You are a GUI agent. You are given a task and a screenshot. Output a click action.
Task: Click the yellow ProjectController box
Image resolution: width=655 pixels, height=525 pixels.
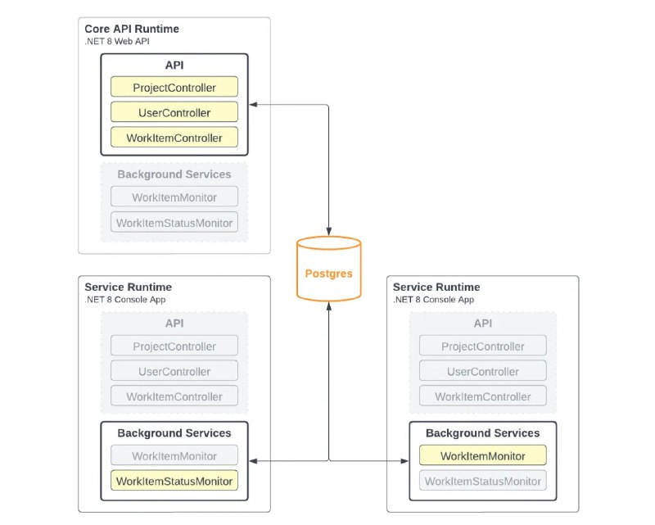174,87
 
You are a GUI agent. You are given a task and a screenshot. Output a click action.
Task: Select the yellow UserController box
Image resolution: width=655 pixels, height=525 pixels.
174,112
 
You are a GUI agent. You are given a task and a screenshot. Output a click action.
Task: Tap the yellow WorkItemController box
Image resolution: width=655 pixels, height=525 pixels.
174,137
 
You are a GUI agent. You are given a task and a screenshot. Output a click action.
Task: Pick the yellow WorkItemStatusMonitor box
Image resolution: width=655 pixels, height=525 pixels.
174,480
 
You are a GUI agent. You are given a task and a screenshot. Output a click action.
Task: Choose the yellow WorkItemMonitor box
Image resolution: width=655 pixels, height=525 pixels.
482,455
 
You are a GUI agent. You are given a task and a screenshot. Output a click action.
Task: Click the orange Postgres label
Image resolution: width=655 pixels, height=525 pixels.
329,274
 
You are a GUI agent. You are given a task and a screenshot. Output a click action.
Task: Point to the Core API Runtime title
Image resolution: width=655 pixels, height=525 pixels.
132,29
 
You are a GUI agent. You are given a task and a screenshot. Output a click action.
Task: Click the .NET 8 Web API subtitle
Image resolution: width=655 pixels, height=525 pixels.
117,42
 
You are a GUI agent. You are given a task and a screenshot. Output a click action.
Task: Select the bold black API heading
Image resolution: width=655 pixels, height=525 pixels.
174,66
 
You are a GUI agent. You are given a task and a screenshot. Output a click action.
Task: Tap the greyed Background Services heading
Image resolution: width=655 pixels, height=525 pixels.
174,174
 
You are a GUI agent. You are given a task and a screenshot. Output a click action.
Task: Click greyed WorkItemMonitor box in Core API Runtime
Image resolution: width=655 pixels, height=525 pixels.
174,197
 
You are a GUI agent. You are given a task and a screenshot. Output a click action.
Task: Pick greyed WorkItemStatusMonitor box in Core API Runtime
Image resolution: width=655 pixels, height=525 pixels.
174,222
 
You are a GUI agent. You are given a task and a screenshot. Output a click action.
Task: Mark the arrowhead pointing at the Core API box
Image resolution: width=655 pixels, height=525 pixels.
253,105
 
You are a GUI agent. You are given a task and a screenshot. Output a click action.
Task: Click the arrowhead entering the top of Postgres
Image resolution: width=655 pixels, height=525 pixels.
329,232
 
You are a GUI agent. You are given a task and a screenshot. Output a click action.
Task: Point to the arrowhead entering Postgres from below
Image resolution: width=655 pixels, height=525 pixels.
329,306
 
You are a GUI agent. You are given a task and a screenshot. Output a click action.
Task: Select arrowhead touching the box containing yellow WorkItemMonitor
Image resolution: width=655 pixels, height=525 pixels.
404,461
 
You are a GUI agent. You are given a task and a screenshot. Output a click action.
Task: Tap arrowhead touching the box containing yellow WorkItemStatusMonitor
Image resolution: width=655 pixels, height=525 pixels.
253,461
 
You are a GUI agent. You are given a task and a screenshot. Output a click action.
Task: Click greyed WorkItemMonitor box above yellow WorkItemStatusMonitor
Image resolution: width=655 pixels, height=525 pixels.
174,455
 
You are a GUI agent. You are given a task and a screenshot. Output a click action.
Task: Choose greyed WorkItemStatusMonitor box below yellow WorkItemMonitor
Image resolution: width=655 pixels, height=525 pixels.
482,481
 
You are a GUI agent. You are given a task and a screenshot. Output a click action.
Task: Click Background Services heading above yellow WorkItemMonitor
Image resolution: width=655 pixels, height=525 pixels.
482,433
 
